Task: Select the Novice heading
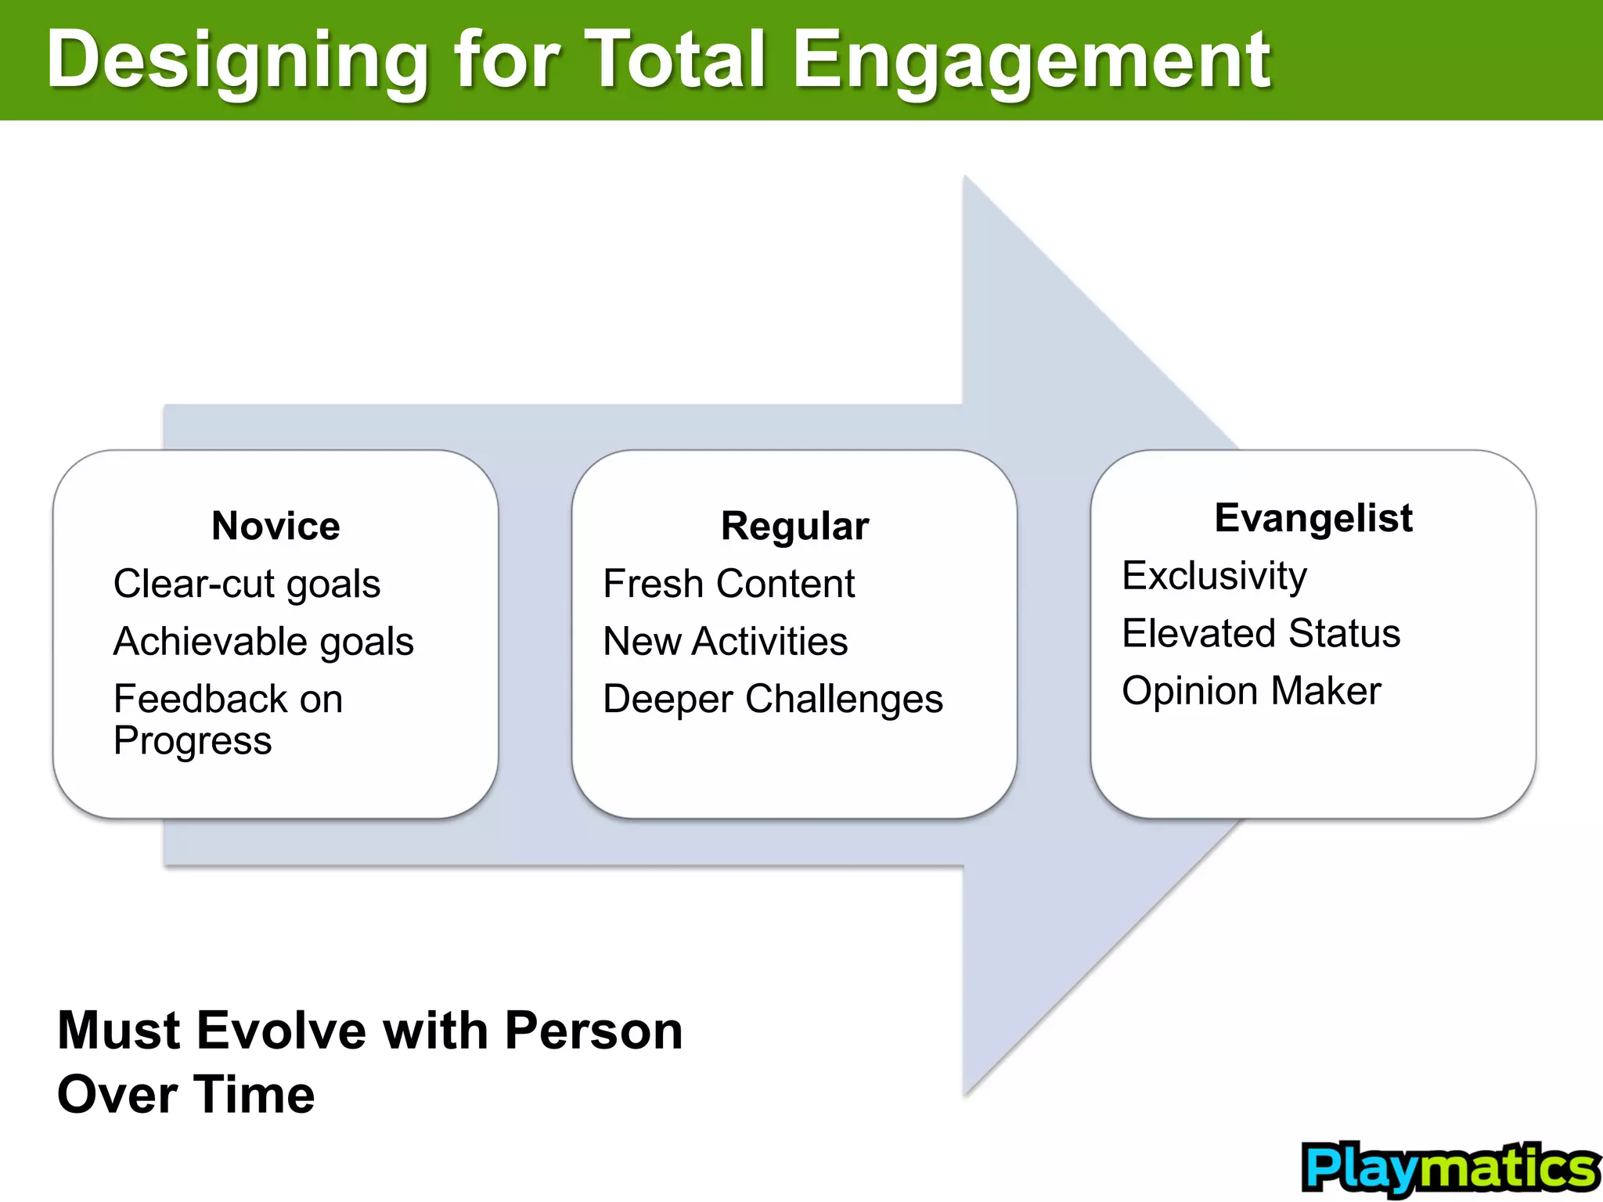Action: (276, 526)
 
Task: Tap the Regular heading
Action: (794, 526)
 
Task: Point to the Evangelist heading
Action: (1313, 518)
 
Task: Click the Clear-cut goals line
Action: (247, 585)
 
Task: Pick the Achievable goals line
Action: (263, 642)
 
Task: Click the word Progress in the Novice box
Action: (193, 741)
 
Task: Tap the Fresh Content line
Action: (729, 585)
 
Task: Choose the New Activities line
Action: (725, 642)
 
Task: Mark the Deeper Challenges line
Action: (773, 700)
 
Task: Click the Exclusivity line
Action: (1214, 577)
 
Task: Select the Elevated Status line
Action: (1260, 634)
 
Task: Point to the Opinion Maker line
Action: (1251, 691)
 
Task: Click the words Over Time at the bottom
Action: (186, 1095)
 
